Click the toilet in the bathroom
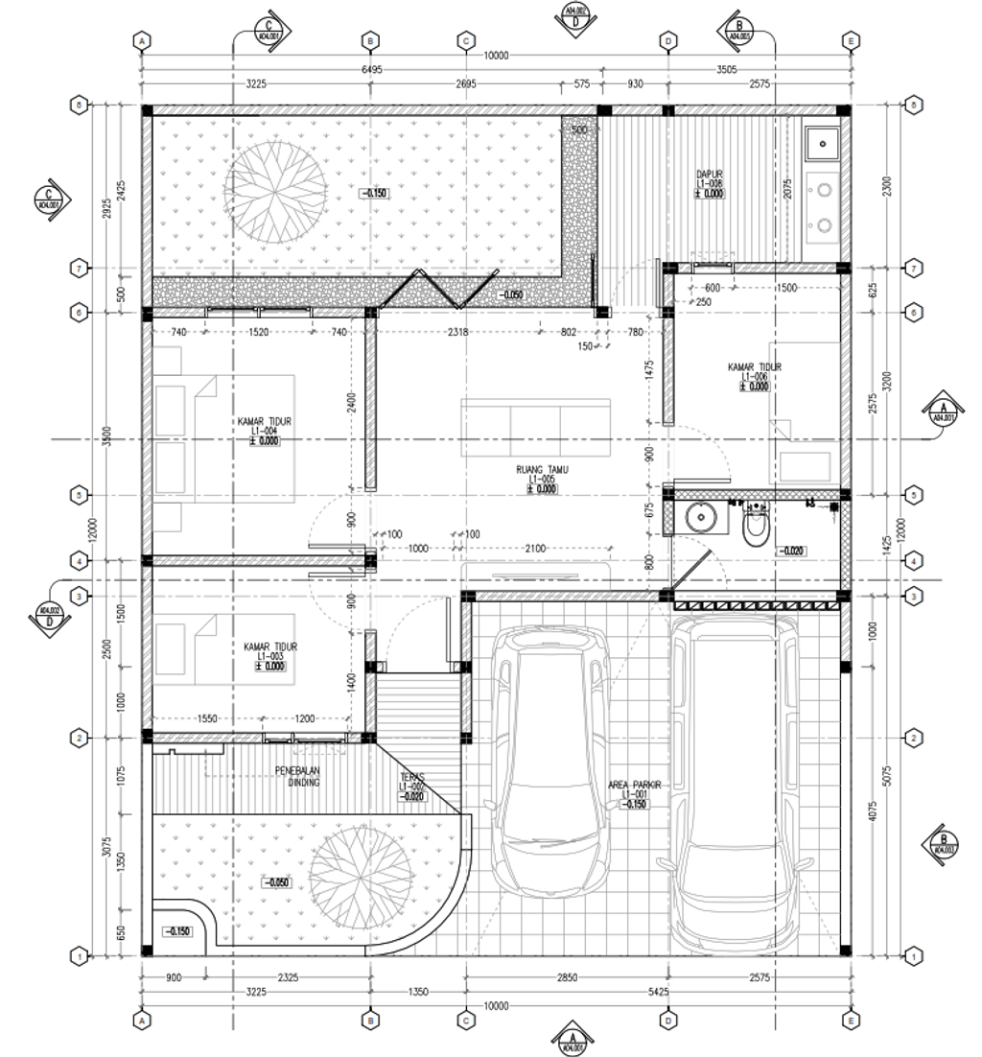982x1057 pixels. coord(757,524)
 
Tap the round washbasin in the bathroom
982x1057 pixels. coord(702,518)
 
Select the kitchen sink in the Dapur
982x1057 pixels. coord(822,144)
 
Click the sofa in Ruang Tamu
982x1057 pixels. coord(535,429)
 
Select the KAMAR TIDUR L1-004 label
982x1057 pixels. coord(265,431)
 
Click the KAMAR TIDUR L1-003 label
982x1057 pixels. coord(269,656)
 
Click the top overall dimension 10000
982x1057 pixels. coord(496,57)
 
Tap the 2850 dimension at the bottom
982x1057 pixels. coord(567,977)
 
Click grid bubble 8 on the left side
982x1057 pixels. coord(82,105)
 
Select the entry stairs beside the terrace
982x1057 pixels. coord(416,705)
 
